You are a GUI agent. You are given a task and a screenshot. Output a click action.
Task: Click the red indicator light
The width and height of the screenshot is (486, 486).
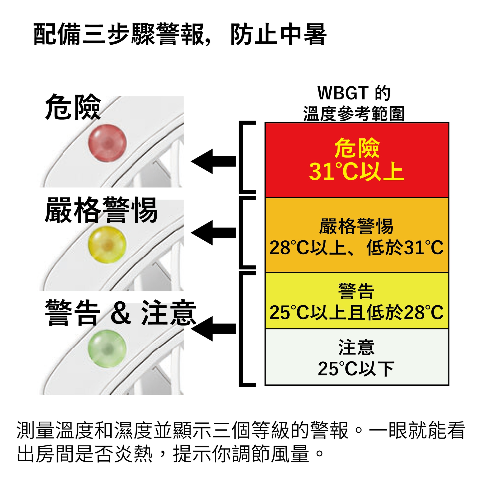click(x=107, y=143)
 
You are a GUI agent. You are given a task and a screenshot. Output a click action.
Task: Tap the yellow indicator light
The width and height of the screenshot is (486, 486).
click(x=107, y=245)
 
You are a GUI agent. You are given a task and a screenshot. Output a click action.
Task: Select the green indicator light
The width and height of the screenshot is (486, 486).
click(x=107, y=348)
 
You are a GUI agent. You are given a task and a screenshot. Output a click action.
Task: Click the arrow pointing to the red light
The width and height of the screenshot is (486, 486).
click(x=213, y=161)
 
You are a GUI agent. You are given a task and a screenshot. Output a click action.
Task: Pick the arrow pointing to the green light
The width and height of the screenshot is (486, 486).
click(x=213, y=329)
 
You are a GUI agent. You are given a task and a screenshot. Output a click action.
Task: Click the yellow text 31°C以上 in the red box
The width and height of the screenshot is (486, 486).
click(x=356, y=172)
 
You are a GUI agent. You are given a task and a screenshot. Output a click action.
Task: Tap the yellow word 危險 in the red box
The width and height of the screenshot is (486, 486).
click(x=357, y=148)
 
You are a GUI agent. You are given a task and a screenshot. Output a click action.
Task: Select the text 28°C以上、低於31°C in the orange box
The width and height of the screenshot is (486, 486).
click(x=356, y=248)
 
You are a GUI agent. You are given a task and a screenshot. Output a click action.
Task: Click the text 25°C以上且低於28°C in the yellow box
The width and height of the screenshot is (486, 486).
click(x=356, y=313)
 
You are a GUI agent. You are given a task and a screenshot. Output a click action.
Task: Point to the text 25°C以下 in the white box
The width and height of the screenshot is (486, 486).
click(x=356, y=369)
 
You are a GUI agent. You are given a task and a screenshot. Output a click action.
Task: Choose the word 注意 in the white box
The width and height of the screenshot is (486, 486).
click(x=356, y=347)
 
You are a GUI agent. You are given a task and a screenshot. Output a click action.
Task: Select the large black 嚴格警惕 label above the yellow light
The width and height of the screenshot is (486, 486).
click(x=101, y=210)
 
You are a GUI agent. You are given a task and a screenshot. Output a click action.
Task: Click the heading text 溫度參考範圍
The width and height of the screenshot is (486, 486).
click(x=354, y=114)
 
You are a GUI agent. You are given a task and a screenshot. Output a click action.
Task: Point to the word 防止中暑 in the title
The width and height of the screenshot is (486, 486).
click(x=278, y=34)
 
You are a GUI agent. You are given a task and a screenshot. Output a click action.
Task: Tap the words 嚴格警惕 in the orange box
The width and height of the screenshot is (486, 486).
click(x=356, y=226)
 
